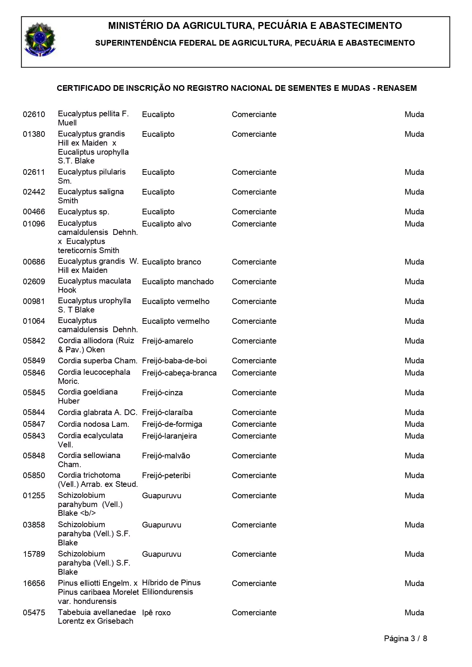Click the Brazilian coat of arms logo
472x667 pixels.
point(40,40)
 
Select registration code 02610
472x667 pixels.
point(34,114)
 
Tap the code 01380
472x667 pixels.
point(34,134)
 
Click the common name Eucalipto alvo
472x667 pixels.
point(166,224)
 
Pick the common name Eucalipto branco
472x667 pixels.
point(171,262)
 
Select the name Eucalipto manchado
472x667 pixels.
point(178,282)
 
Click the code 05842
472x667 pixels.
point(34,341)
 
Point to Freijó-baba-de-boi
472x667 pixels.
point(174,361)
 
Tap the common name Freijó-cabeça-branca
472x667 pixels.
point(179,373)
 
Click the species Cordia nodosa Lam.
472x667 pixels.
point(93,424)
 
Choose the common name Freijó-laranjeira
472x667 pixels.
point(169,436)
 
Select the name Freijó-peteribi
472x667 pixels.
point(166,475)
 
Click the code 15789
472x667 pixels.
point(34,554)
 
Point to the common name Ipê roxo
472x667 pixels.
point(156,613)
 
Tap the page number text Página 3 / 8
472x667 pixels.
point(405,638)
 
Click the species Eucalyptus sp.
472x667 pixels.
point(83,212)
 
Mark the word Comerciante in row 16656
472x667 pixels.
point(254,583)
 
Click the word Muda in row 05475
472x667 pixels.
point(414,613)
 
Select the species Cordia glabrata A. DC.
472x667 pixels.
point(97,412)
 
